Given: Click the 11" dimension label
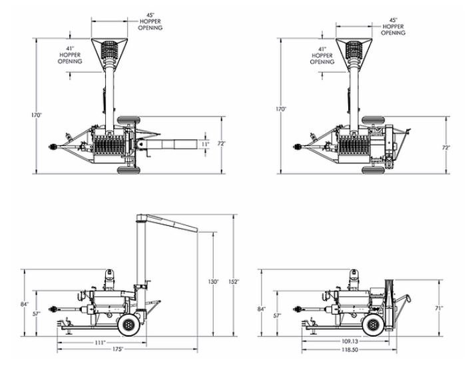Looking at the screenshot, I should pos(206,144).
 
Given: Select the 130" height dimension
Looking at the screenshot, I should pos(213,282).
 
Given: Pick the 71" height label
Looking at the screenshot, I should pos(439,308).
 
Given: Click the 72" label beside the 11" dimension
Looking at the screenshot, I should pos(221,144).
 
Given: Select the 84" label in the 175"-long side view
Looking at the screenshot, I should pos(24,305).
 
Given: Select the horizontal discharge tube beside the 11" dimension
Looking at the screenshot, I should pos(176,144).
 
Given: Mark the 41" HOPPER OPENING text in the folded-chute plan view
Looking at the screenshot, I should pos(322,55).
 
